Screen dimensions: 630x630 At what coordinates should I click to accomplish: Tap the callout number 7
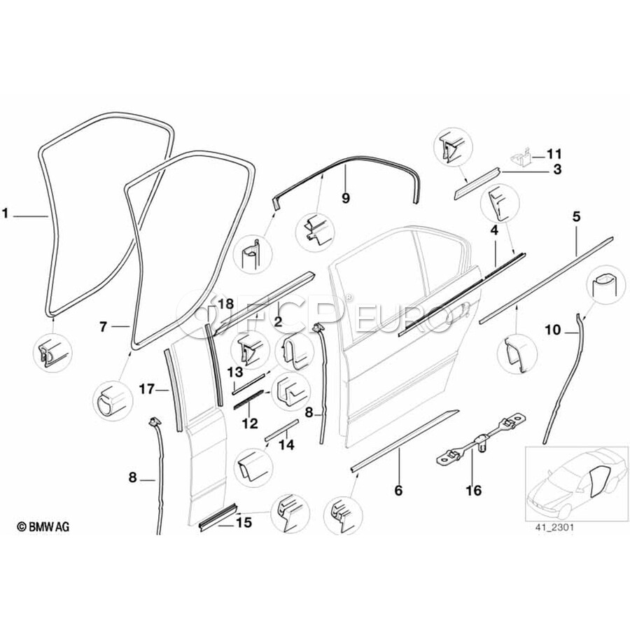103,326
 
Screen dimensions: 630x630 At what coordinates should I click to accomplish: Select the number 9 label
344,198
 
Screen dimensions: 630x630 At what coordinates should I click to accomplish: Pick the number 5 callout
576,217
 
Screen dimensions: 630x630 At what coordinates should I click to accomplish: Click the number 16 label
474,491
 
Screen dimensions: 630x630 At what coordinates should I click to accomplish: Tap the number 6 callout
398,491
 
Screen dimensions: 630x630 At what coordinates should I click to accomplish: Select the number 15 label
244,523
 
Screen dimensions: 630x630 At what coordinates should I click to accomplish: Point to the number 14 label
286,444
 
